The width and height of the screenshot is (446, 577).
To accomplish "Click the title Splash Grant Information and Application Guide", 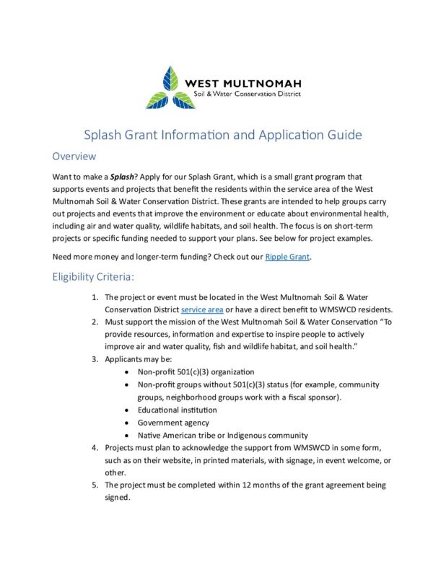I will (222, 135).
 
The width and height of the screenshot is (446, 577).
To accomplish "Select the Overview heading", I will (74, 156).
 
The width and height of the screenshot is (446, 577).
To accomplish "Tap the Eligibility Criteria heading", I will (98, 277).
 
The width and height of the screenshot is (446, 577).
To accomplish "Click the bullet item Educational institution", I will (177, 410).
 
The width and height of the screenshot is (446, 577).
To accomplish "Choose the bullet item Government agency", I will (173, 423).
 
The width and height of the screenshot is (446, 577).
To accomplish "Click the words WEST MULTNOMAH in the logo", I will (243, 82).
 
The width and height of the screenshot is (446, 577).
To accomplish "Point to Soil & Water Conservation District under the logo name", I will (243, 94).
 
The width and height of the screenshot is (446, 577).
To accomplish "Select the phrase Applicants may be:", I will (139, 359).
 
